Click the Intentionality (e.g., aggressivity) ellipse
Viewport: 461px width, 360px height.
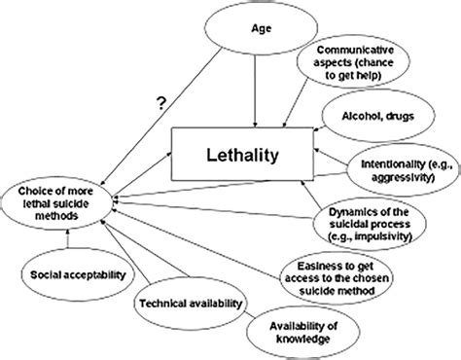coord(398,161)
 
